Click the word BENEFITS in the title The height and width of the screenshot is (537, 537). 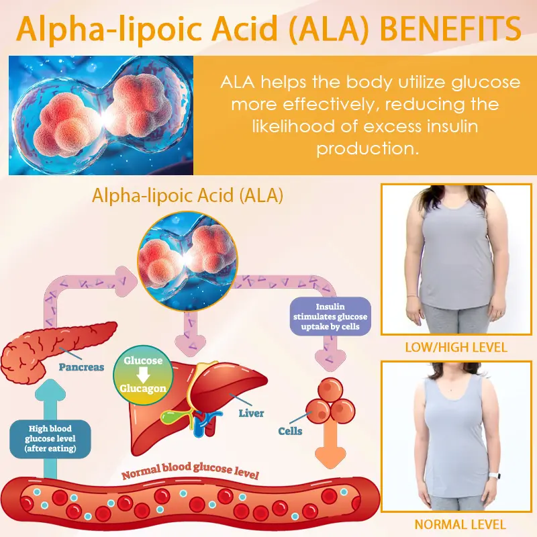(450, 28)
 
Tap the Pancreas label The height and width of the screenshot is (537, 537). (81, 367)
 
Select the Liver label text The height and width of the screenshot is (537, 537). (251, 413)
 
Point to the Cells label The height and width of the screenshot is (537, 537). (290, 431)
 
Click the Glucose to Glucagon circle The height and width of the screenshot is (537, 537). (143, 375)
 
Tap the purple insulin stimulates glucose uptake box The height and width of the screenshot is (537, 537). (330, 316)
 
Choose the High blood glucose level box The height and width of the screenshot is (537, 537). (50, 439)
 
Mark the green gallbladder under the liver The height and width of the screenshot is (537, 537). (174, 416)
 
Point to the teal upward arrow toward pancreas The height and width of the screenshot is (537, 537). (50, 428)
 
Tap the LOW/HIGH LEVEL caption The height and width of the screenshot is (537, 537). (456, 348)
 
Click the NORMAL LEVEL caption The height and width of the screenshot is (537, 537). (460, 524)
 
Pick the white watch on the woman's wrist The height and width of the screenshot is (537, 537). (493, 476)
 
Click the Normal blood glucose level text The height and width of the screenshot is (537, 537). (191, 471)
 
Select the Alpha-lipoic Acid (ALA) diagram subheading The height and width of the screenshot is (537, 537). (188, 195)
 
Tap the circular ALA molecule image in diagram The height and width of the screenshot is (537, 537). (187, 261)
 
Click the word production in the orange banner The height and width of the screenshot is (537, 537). (368, 149)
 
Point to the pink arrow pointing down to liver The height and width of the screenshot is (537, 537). (191, 334)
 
